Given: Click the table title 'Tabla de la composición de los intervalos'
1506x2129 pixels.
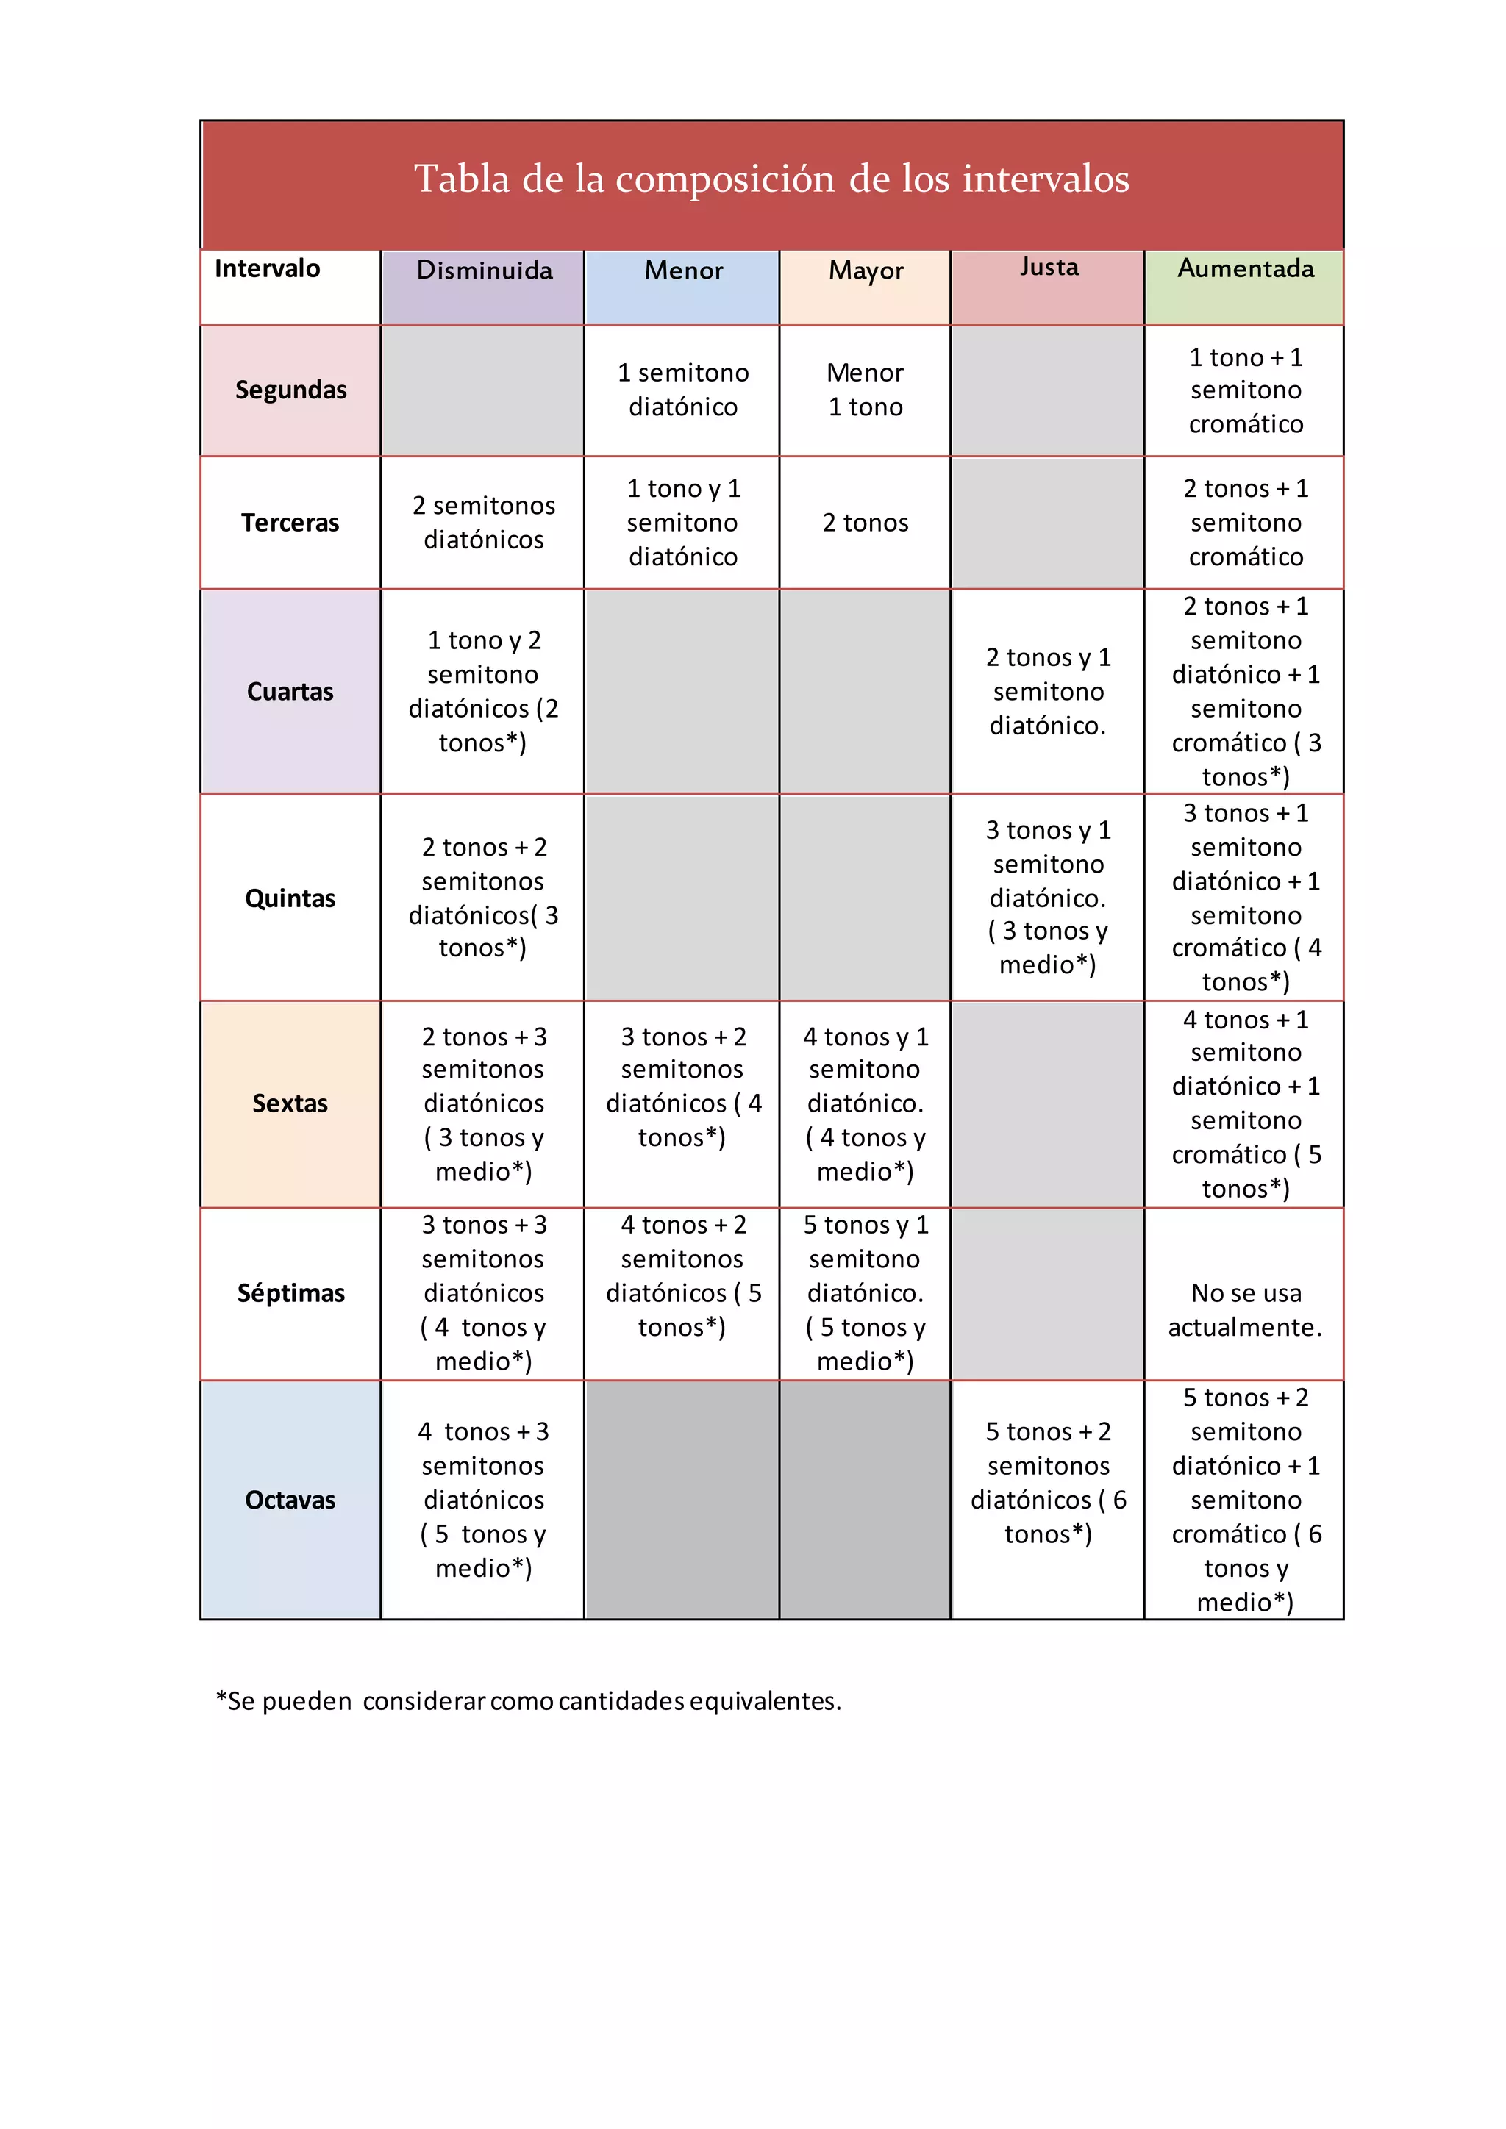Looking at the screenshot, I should pyautogui.click(x=771, y=179).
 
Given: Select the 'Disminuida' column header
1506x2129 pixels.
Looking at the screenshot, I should pyautogui.click(x=484, y=270).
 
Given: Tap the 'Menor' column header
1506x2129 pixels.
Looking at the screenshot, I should pyautogui.click(x=683, y=270).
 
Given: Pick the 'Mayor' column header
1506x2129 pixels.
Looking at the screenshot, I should pyautogui.click(x=866, y=270).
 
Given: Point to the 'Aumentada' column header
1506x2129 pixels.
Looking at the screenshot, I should pyautogui.click(x=1246, y=269).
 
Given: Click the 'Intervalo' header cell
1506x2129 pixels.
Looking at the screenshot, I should pyautogui.click(x=267, y=269).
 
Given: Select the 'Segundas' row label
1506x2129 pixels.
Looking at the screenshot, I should pyautogui.click(x=290, y=390).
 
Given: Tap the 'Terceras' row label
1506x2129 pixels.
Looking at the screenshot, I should pyautogui.click(x=290, y=523).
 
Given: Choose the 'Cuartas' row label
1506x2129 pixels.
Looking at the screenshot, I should pyautogui.click(x=290, y=692).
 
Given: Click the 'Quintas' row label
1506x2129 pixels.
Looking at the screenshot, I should pyautogui.click(x=290, y=898).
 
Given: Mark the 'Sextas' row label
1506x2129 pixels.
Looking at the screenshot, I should pyautogui.click(x=290, y=1103).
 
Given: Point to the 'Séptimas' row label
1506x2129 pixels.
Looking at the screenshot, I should pyautogui.click(x=290, y=1294).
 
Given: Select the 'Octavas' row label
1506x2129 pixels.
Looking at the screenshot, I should pyautogui.click(x=290, y=1500).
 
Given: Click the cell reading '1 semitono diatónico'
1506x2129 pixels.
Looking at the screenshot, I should pyautogui.click(x=682, y=390).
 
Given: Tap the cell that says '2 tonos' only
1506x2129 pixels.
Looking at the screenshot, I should pyautogui.click(x=866, y=523).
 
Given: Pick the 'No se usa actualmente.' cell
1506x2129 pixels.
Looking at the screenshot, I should pyautogui.click(x=1246, y=1310).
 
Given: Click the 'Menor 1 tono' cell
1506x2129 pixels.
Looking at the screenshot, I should pyautogui.click(x=866, y=390).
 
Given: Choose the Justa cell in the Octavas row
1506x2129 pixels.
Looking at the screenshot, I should pyautogui.click(x=1048, y=1483).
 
